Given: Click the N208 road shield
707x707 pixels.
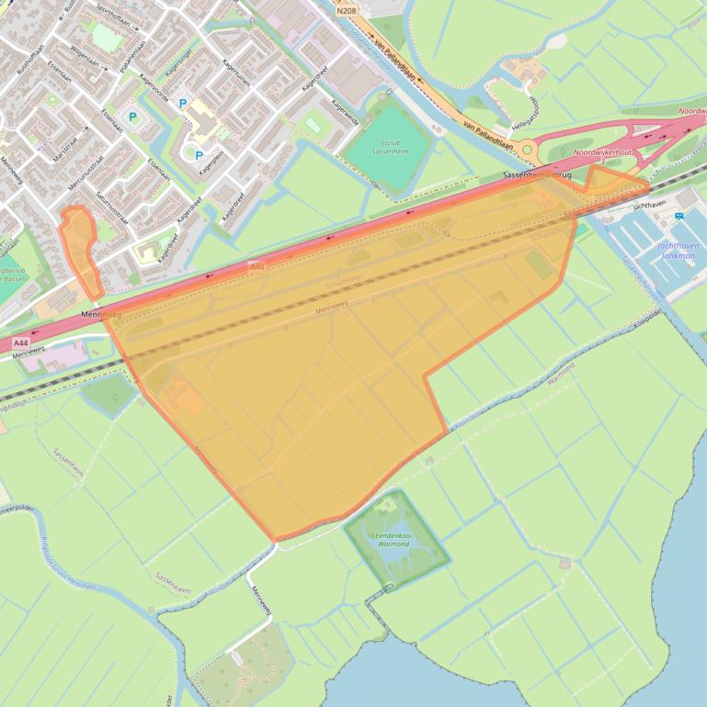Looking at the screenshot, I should pyautogui.click(x=346, y=11).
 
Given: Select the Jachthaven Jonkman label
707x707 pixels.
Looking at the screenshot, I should pyautogui.click(x=678, y=251).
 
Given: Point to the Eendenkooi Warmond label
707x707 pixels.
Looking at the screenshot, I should pyautogui.click(x=394, y=539).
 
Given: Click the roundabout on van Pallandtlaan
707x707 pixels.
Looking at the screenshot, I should pyautogui.click(x=527, y=149).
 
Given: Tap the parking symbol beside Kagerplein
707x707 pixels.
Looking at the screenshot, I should pyautogui.click(x=199, y=155).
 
